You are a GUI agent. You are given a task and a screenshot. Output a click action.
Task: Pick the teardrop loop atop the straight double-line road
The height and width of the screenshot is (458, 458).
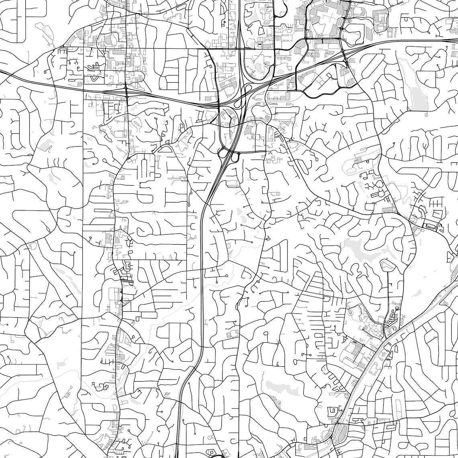point(386,265)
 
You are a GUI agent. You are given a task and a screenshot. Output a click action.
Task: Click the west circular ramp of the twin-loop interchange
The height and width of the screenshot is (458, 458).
point(222,153)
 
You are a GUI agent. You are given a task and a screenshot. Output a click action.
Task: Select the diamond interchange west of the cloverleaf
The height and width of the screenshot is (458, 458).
point(126,87)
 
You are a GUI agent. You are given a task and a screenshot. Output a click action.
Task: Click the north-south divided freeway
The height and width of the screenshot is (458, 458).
point(201,281)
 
